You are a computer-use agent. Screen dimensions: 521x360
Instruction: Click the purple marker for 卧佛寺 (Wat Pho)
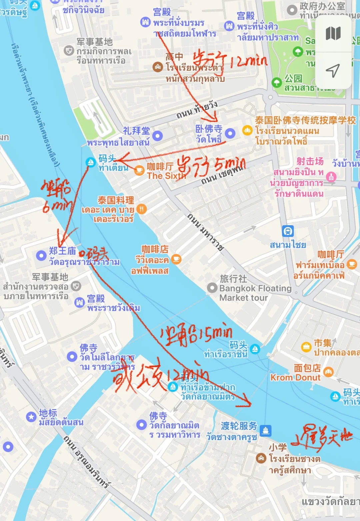[x=230, y=134]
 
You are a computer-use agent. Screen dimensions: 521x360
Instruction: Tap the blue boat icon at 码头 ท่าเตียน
[x=90, y=162]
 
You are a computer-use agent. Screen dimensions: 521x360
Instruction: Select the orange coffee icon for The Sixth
[x=139, y=171]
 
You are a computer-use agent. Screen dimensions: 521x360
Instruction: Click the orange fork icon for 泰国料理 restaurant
[x=142, y=209]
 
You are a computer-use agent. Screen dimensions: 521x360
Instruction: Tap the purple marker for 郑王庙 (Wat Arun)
[x=41, y=256]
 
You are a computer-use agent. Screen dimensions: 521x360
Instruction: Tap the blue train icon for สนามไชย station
[x=288, y=231]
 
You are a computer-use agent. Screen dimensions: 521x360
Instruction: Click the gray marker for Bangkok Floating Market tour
[x=212, y=287]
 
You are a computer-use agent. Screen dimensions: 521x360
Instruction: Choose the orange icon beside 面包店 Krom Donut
[x=328, y=372]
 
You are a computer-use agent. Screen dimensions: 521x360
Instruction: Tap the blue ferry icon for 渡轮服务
[x=265, y=430]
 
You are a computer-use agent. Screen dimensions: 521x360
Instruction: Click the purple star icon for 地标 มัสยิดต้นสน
[x=31, y=416]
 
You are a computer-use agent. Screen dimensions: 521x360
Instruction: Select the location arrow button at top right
[x=333, y=71]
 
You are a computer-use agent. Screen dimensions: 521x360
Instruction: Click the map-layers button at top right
[x=333, y=34]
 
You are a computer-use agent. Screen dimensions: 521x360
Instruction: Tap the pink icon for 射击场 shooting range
[x=331, y=176]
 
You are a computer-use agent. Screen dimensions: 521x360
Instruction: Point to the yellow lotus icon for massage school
[x=247, y=130]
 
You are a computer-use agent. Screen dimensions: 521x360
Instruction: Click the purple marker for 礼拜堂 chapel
[x=157, y=136]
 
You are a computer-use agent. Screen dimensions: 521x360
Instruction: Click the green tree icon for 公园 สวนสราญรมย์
[x=277, y=82]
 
